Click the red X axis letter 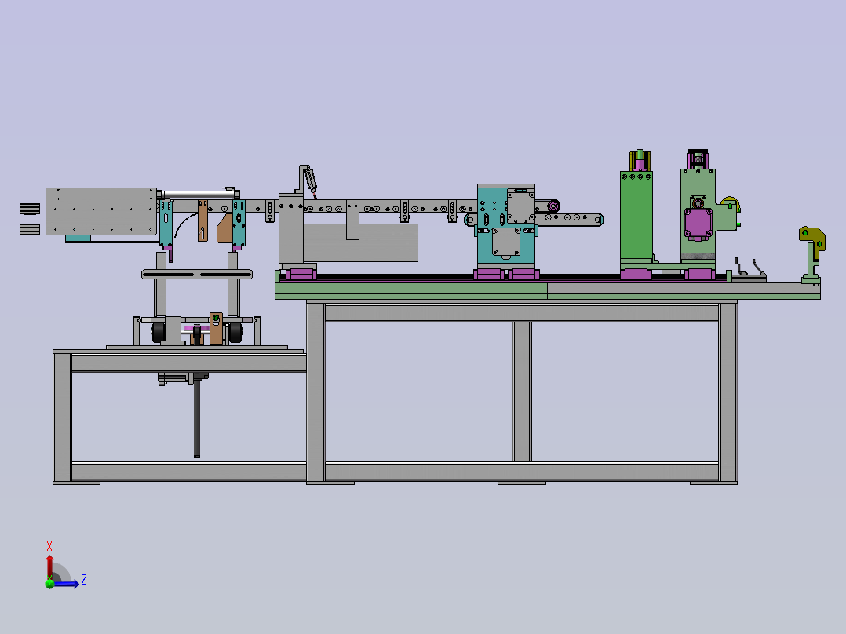tap(49, 546)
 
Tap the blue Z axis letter tap(84, 580)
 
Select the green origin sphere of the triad tap(49, 583)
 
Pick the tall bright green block tap(636, 216)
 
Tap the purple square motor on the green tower tap(698, 224)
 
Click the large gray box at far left tap(101, 212)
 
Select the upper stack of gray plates tap(30, 208)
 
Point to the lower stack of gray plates tap(30, 229)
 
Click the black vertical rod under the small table tap(197, 418)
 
